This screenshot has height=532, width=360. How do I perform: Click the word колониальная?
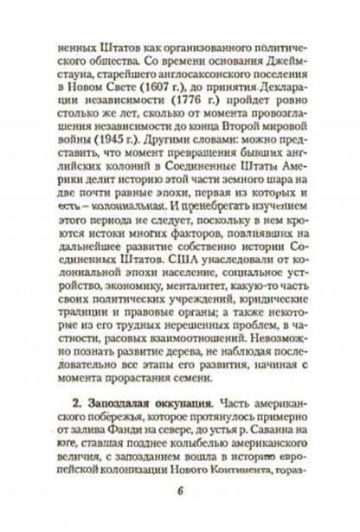[x=125, y=234]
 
